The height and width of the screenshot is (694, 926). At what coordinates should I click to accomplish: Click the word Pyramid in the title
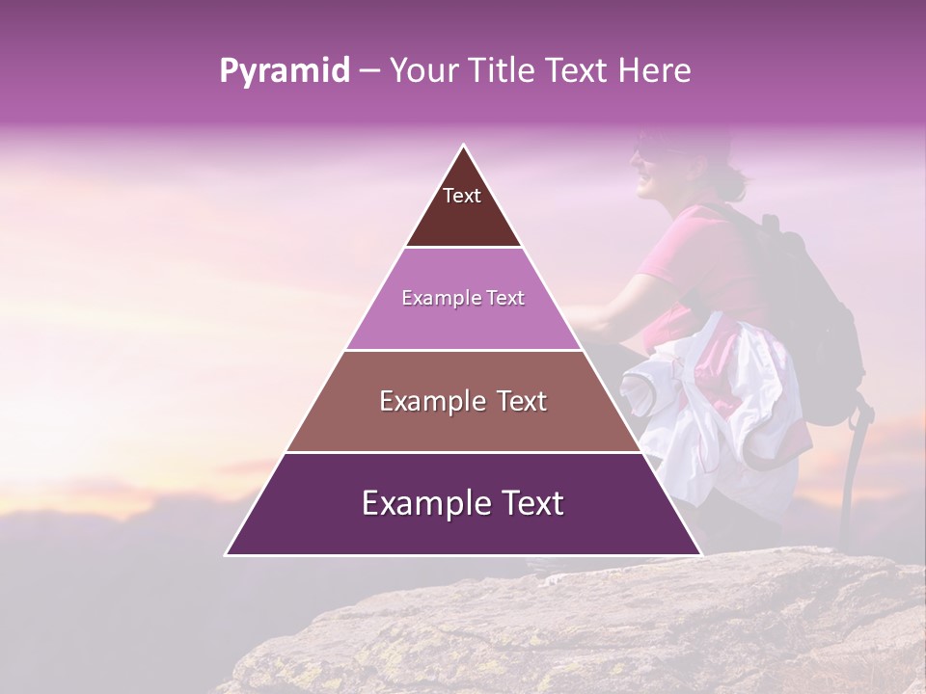285,71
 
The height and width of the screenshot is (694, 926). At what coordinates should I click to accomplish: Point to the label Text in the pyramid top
462,196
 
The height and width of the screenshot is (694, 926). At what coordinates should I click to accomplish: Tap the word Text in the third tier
515,401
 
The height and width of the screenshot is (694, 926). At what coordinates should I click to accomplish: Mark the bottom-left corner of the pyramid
227,554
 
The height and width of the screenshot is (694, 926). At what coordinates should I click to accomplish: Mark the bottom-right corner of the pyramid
700,554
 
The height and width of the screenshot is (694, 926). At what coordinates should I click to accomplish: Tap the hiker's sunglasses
648,152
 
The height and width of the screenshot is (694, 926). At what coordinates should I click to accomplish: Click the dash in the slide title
369,71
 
